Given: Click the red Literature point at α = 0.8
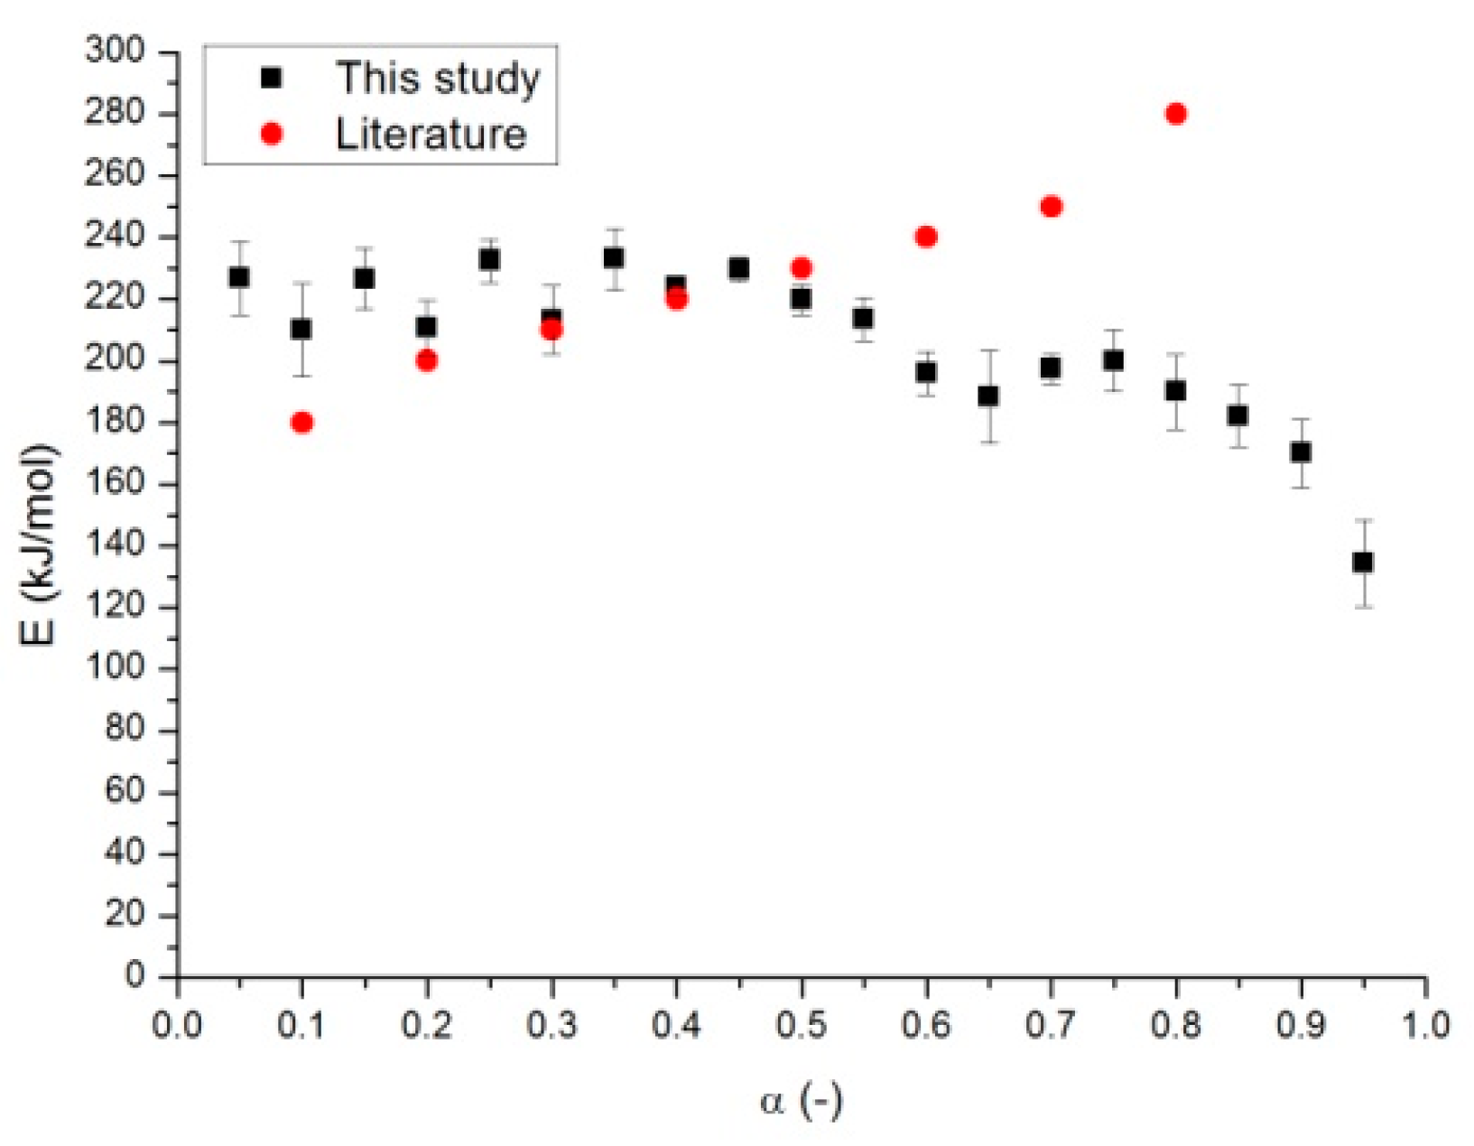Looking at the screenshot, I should pos(1175,114).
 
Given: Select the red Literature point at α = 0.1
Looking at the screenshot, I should pos(302,423).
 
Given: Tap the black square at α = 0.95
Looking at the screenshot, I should pos(1363,563).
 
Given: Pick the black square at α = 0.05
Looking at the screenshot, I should pos(239,277).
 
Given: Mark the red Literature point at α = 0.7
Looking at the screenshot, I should pos(1051,207).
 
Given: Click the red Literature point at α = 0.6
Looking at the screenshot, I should pos(926,238).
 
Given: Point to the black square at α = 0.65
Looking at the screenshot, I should pos(988,396).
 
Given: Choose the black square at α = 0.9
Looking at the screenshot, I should pos(1301,452).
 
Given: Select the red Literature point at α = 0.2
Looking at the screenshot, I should pos(427,361).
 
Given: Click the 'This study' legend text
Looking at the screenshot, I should pos(438,79).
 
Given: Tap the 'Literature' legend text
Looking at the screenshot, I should pos(431,135).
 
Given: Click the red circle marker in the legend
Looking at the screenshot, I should pos(271,135).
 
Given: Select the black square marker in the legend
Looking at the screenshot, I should pos(271,79).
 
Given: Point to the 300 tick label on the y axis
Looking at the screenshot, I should pos(115,51).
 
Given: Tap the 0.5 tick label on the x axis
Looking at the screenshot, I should pos(801,1027).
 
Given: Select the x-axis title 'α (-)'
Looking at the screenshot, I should pos(801,1101).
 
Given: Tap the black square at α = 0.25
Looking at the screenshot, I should pos(489,260).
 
